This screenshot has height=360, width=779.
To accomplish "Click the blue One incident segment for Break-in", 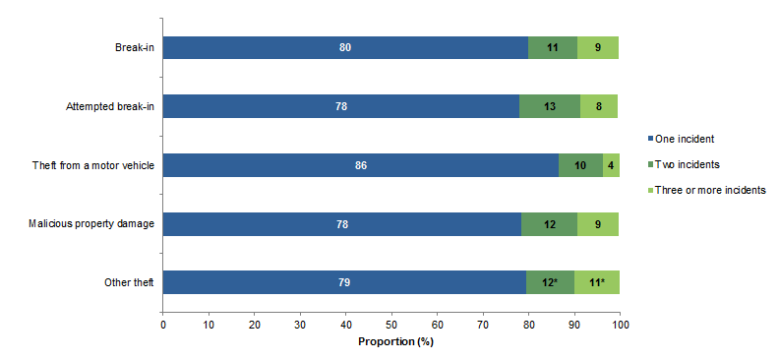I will [345, 48].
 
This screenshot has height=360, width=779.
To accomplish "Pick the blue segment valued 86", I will [360, 165].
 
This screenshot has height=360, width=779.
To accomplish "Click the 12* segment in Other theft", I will [550, 283].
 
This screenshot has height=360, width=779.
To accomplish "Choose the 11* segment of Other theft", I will [597, 283].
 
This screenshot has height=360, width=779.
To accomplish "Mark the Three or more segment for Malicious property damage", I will [598, 224].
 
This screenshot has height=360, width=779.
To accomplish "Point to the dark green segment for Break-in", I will [553, 48].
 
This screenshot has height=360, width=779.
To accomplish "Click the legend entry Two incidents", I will [689, 165].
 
